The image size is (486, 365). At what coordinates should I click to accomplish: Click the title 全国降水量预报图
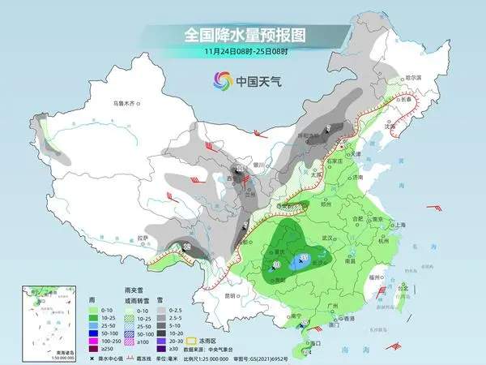tap(243, 35)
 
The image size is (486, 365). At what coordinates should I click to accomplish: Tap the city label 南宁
tap(275, 314)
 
